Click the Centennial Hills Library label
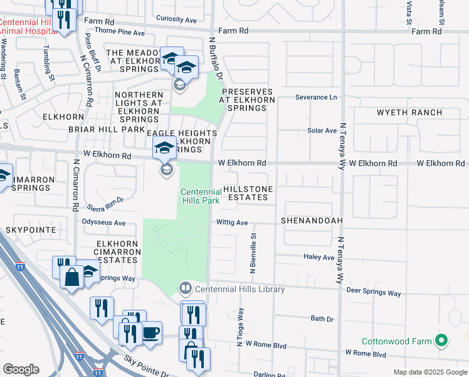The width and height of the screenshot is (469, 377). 240,289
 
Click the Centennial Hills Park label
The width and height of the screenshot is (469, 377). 201,195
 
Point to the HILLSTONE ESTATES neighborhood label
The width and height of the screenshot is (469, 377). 248,193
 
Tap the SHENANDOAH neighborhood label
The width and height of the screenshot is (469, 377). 312,221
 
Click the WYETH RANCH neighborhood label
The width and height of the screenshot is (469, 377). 409,113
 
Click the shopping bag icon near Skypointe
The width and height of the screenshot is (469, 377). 72,277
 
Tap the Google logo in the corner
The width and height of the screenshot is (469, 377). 21,369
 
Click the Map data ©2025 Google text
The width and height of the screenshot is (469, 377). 429,372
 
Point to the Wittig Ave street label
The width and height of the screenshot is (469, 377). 232,222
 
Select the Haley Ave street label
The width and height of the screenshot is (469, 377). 319,257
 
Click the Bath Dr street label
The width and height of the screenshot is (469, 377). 322,319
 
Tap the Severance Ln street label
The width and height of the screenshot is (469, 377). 316,97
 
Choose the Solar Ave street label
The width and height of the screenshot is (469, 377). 322,131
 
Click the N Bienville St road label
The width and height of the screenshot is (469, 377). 254,253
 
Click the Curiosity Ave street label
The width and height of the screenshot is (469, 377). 176,19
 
